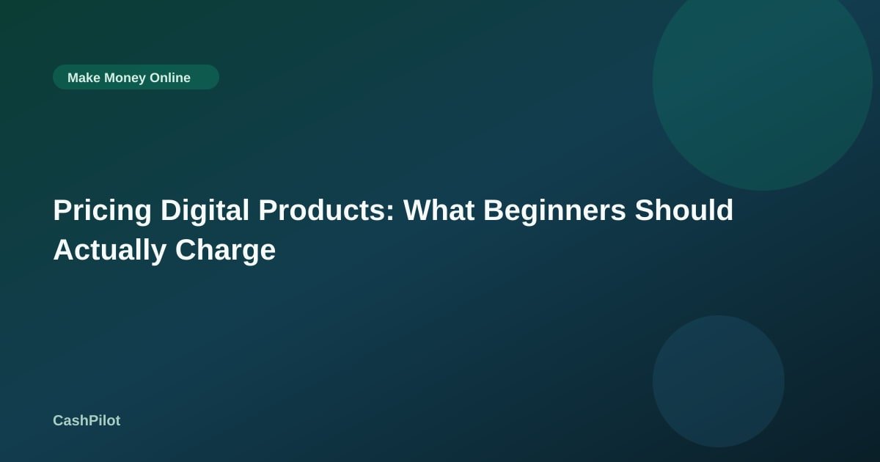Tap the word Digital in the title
point(205,210)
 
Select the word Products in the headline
point(322,210)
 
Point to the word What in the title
point(439,210)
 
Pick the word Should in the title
point(684,210)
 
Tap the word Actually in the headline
point(109,251)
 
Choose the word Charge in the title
point(226,251)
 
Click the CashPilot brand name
point(87,420)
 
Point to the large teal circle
point(763,81)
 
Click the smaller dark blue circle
point(719,381)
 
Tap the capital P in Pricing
point(63,210)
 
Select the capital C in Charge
point(186,250)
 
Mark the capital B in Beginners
point(494,210)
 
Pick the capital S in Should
point(645,210)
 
